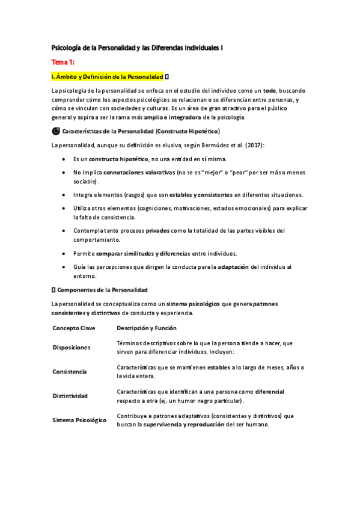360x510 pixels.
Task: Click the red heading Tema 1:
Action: click(63, 62)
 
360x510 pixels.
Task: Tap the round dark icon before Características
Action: click(56, 131)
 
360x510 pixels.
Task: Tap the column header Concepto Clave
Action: click(74, 328)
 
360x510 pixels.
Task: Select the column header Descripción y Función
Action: click(147, 328)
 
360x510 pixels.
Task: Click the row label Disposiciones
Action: click(72, 348)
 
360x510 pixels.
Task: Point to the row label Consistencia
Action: click(70, 372)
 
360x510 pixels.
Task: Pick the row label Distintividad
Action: click(70, 396)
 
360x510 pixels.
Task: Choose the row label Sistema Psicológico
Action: click(79, 420)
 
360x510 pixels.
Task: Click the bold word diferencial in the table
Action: click(270, 392)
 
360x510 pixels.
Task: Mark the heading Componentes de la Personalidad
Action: click(106, 290)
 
